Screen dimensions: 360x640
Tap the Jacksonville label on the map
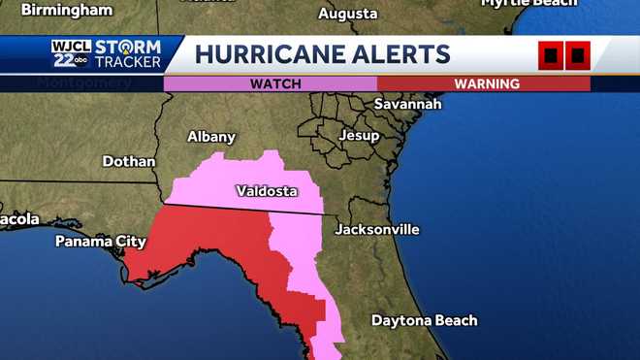pos(377,230)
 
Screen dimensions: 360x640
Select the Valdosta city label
pos(267,191)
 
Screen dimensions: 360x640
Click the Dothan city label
pos(128,161)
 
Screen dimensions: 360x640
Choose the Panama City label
pos(100,241)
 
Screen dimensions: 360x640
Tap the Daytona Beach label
pos(425,320)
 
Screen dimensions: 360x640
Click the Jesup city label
pos(359,136)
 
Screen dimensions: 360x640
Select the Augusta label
pos(347,15)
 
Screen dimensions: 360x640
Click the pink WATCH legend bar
pos(271,83)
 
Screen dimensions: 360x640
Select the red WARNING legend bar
pos(484,83)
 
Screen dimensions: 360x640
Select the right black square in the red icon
pos(577,56)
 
